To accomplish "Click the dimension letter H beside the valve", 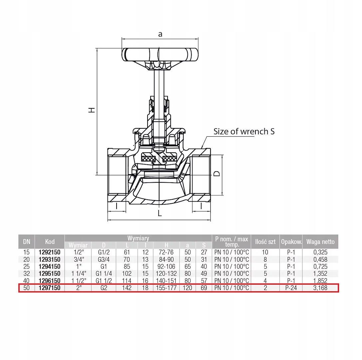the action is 92,110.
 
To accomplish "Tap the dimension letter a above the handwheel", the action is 160,34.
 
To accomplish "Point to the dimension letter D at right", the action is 217,174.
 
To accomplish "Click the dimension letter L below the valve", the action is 160,213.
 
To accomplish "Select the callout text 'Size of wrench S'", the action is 244,131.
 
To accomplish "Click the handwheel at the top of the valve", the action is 160,55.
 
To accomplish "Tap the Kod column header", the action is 50,242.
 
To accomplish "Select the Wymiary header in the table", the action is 138,238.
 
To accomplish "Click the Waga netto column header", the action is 320,242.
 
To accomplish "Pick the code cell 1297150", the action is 49,288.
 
